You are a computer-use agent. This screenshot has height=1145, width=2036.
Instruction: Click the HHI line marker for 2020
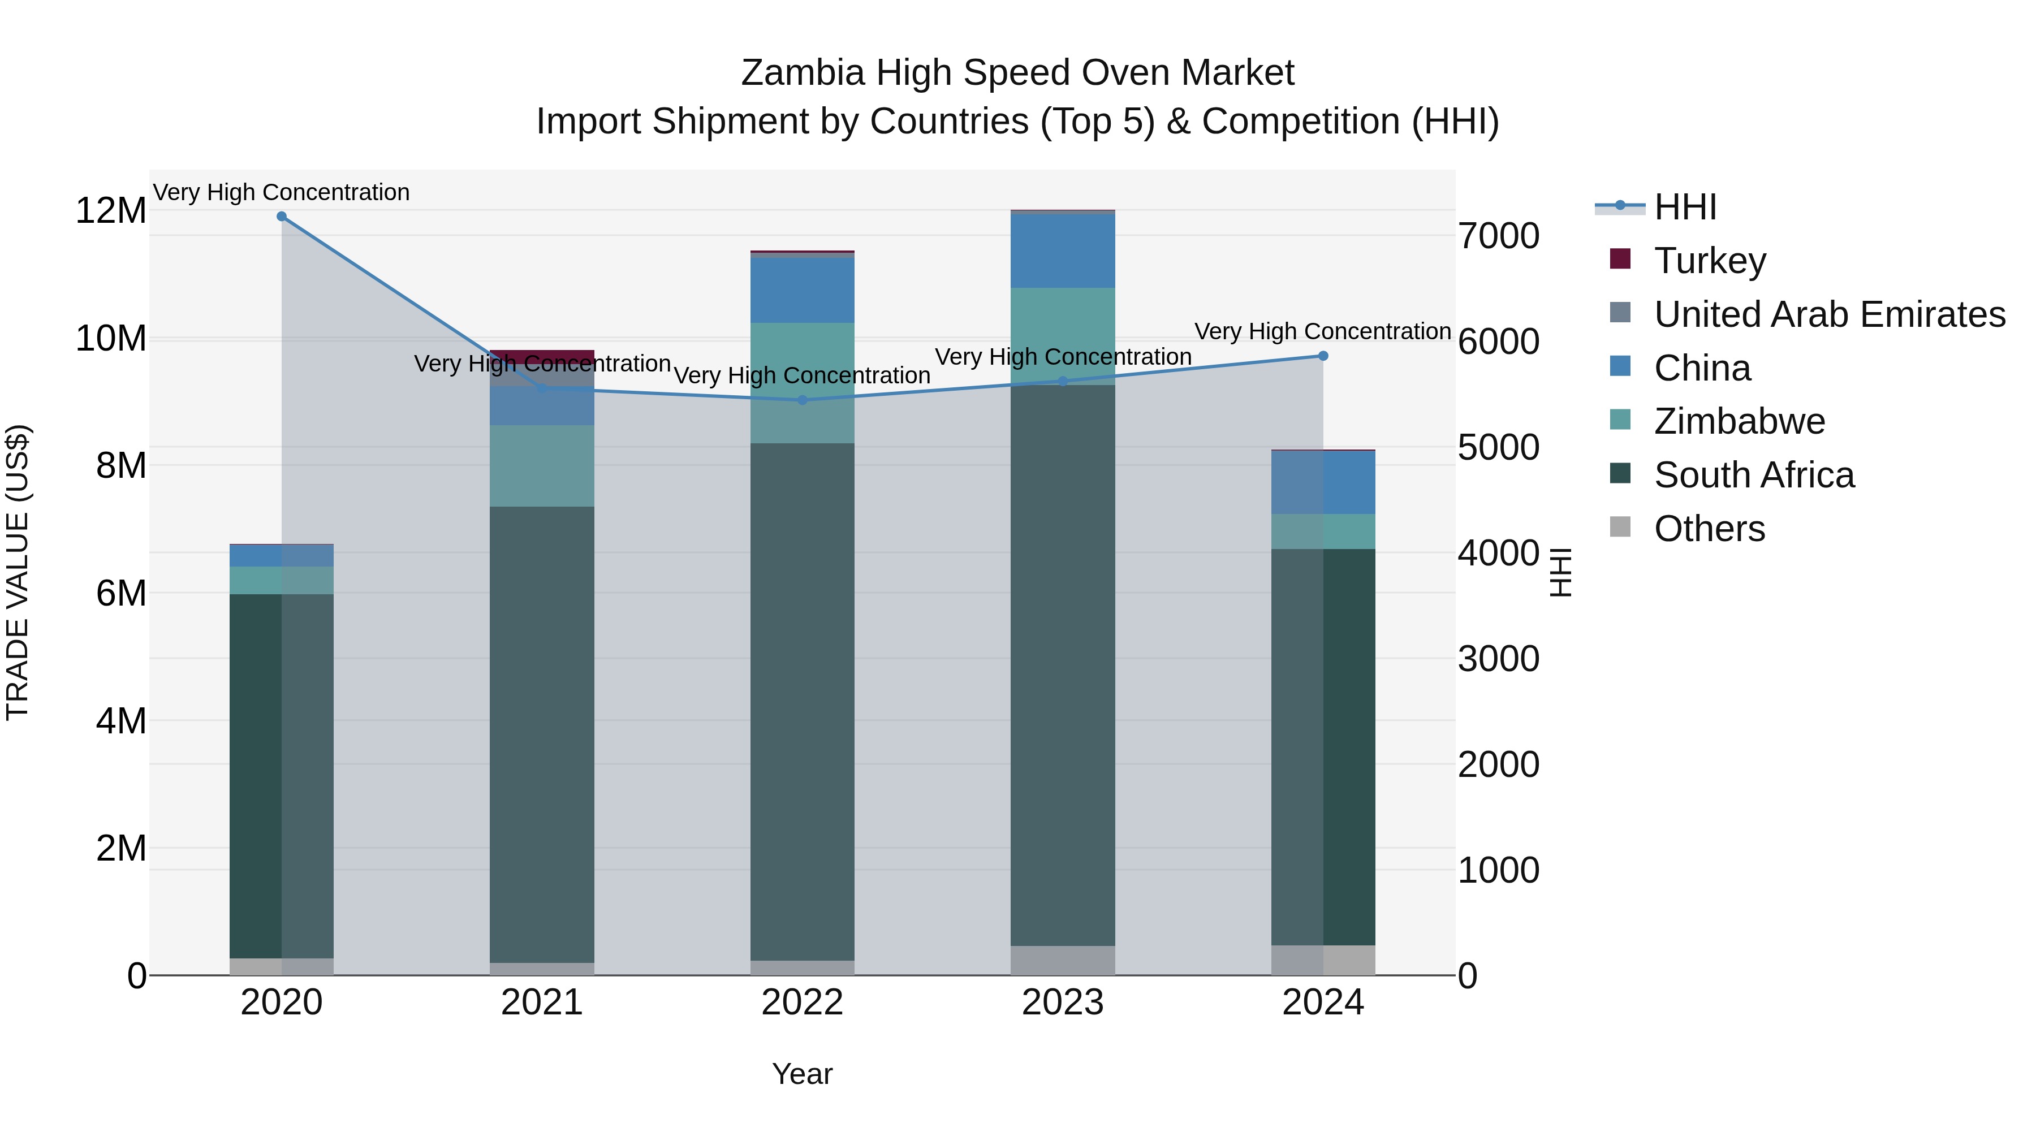click(x=282, y=217)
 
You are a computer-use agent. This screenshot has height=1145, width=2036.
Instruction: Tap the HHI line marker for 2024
click(x=1323, y=356)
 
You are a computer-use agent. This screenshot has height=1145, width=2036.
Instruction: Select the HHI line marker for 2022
click(x=802, y=400)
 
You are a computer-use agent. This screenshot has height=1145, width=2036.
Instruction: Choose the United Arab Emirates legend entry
click(x=1829, y=314)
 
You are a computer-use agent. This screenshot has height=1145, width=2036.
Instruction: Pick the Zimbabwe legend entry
click(x=1739, y=421)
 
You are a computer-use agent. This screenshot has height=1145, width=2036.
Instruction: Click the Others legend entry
click(x=1709, y=529)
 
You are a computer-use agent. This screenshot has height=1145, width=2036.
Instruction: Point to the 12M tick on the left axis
click(x=111, y=211)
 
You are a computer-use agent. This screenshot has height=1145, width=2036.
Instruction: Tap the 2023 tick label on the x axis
click(x=1062, y=1003)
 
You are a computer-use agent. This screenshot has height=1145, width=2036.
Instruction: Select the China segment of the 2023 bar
click(x=1062, y=251)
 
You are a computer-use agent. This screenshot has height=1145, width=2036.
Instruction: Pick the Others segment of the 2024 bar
click(x=1323, y=960)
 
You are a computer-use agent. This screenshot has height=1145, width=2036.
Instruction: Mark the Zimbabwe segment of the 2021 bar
click(x=542, y=466)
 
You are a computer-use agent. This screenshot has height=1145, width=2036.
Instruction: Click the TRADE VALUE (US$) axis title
click(x=18, y=572)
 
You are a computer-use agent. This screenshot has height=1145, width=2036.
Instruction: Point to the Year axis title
click(x=802, y=1074)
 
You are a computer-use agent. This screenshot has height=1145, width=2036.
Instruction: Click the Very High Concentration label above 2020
click(x=282, y=192)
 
